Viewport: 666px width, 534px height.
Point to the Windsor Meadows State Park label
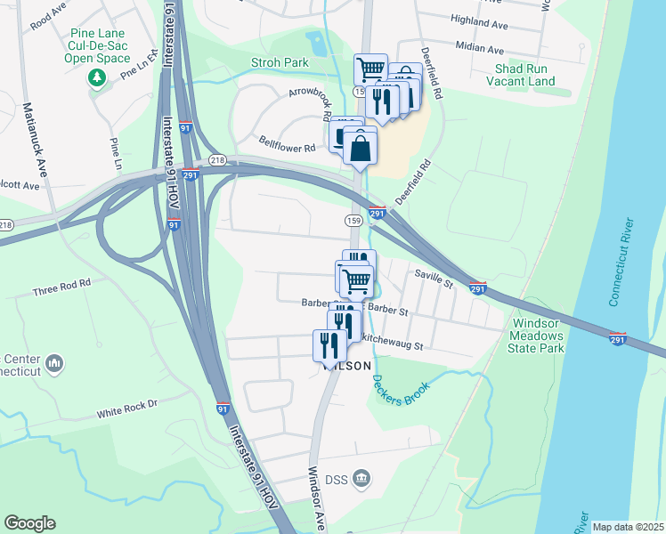coord(537,336)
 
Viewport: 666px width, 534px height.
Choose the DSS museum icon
coord(361,479)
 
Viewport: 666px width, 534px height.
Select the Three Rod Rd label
coord(61,287)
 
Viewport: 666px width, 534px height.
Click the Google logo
coord(29,523)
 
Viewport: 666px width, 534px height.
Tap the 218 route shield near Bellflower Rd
coord(218,159)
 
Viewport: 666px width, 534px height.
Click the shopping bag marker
coord(360,150)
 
